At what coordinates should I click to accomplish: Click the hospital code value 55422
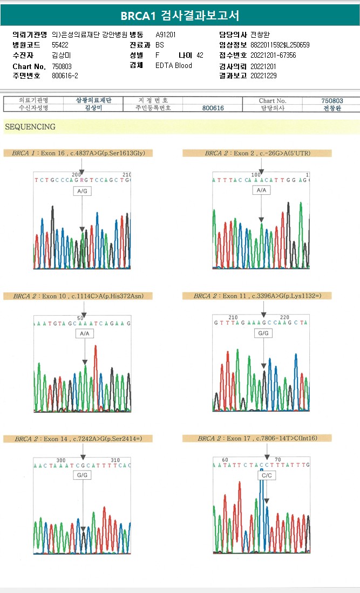[60, 45]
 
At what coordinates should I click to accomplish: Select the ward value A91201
[165, 35]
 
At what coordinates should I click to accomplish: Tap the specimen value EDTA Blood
[173, 66]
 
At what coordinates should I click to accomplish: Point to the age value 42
[200, 56]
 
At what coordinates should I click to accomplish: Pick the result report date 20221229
[263, 76]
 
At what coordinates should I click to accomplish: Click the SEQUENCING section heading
[30, 127]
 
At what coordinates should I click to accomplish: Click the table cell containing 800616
[213, 108]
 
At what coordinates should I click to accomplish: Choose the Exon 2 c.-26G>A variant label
[257, 153]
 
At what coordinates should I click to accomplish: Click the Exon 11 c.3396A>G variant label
[257, 296]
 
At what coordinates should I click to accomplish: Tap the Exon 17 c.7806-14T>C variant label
[257, 439]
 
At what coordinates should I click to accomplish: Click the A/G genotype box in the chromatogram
[83, 191]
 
